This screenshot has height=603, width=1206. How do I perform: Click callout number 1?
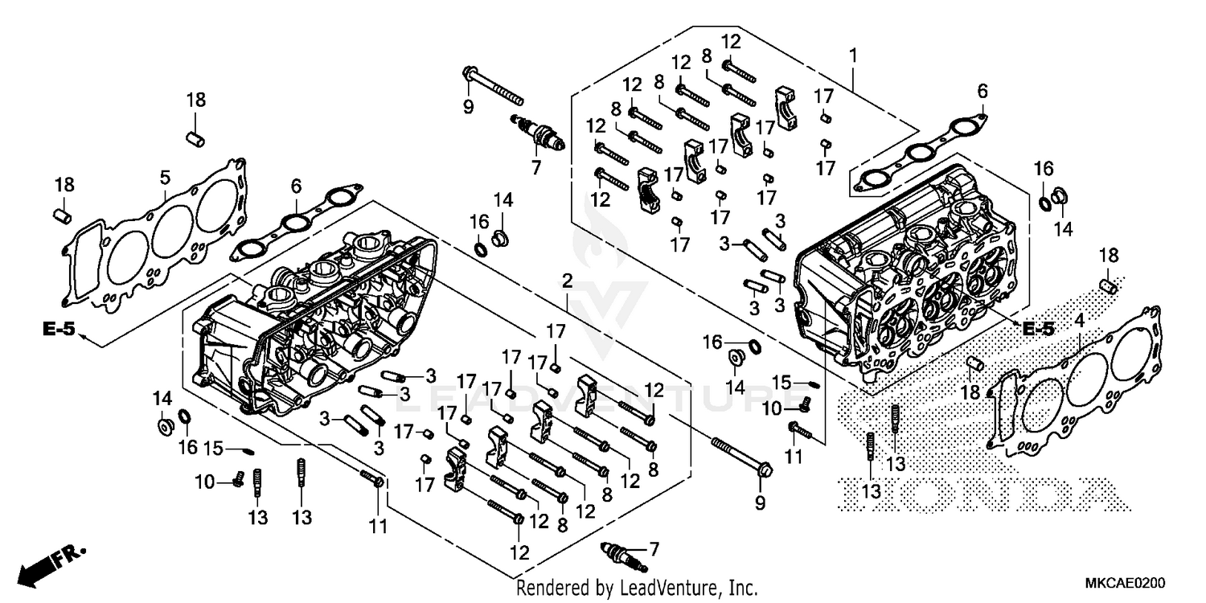point(853,57)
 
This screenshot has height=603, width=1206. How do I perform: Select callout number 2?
point(567,281)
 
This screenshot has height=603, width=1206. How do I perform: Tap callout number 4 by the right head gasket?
point(1079,321)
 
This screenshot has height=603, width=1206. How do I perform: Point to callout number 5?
point(164,176)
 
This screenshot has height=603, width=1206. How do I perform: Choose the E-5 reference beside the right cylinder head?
point(1037,329)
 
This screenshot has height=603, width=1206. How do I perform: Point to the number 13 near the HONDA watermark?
point(896,464)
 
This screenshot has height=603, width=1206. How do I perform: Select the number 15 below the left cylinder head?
point(211,447)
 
